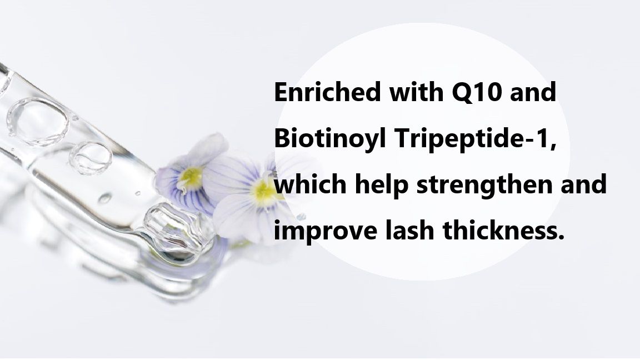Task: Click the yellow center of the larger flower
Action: coord(263,191)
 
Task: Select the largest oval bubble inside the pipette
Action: coord(38,121)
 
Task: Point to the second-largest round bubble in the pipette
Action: coord(91,157)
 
